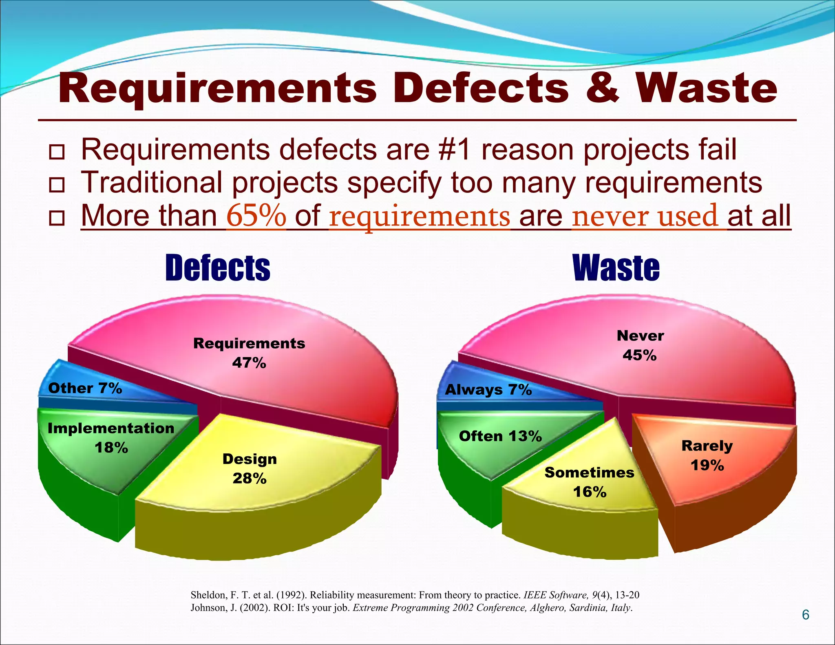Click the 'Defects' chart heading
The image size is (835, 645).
(218, 267)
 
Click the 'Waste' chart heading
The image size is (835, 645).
(616, 267)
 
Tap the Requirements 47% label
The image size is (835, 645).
(249, 353)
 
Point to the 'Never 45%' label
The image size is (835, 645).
(640, 345)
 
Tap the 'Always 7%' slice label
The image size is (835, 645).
(488, 390)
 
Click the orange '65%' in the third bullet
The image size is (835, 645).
(256, 216)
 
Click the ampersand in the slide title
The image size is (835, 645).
(602, 88)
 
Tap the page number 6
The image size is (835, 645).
(805, 614)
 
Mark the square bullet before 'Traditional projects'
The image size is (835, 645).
(57, 185)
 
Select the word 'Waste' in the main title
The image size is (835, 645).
(706, 88)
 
